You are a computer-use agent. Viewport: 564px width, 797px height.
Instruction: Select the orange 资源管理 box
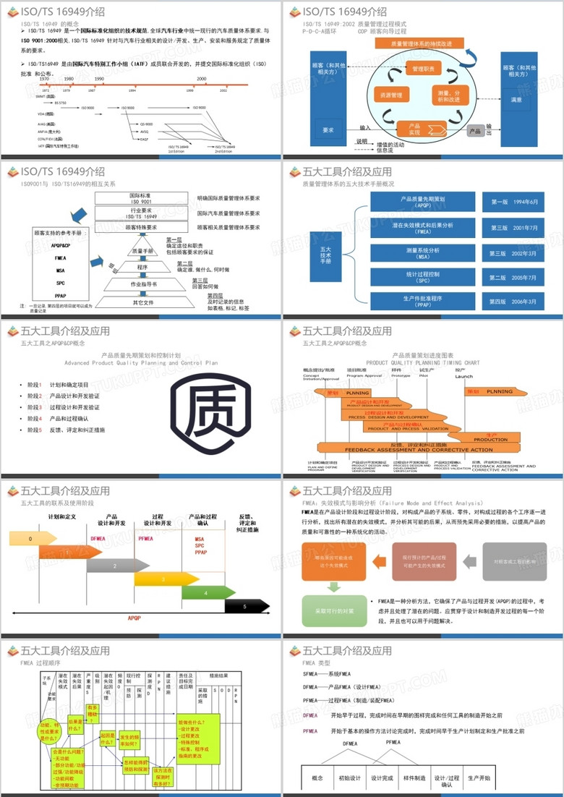(390, 95)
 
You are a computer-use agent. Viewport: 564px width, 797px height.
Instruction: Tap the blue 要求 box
(328, 129)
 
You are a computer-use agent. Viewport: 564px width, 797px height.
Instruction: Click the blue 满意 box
(516, 100)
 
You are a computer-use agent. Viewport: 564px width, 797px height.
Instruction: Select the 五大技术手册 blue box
(325, 254)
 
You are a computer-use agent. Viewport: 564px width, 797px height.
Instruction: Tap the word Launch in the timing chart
(463, 376)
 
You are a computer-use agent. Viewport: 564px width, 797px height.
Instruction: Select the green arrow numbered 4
(207, 593)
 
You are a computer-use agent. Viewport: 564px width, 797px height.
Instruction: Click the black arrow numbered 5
(245, 606)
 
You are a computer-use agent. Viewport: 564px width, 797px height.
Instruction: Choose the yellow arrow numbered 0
(33, 539)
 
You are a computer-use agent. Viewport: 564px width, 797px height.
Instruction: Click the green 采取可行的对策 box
(334, 610)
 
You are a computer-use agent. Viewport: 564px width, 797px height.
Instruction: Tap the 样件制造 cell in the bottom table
(414, 778)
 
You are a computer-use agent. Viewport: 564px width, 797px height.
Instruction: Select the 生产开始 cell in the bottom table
(479, 778)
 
